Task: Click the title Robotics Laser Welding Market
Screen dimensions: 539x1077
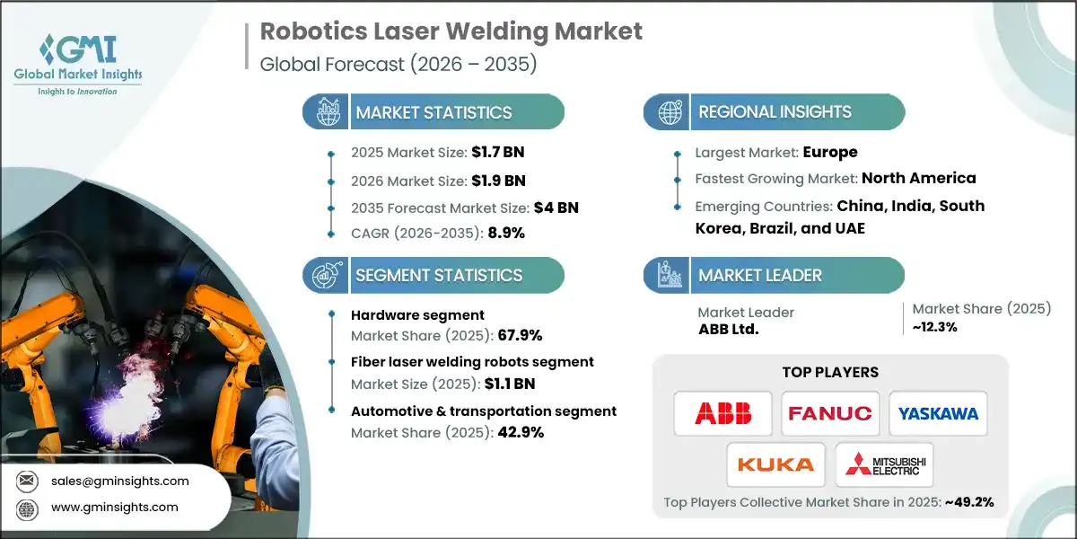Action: coord(451,32)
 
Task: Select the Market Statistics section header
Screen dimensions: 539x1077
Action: coord(433,112)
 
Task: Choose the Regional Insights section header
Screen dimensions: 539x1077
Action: coord(775,112)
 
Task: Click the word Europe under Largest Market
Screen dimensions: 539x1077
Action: coord(830,152)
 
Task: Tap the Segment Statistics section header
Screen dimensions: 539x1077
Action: coord(438,275)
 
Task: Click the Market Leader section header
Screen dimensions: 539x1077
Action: coord(760,275)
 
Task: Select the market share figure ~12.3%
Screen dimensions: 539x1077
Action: coord(935,328)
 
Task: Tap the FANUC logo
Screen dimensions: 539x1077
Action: coord(829,413)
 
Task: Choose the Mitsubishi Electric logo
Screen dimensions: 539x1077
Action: coord(884,464)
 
